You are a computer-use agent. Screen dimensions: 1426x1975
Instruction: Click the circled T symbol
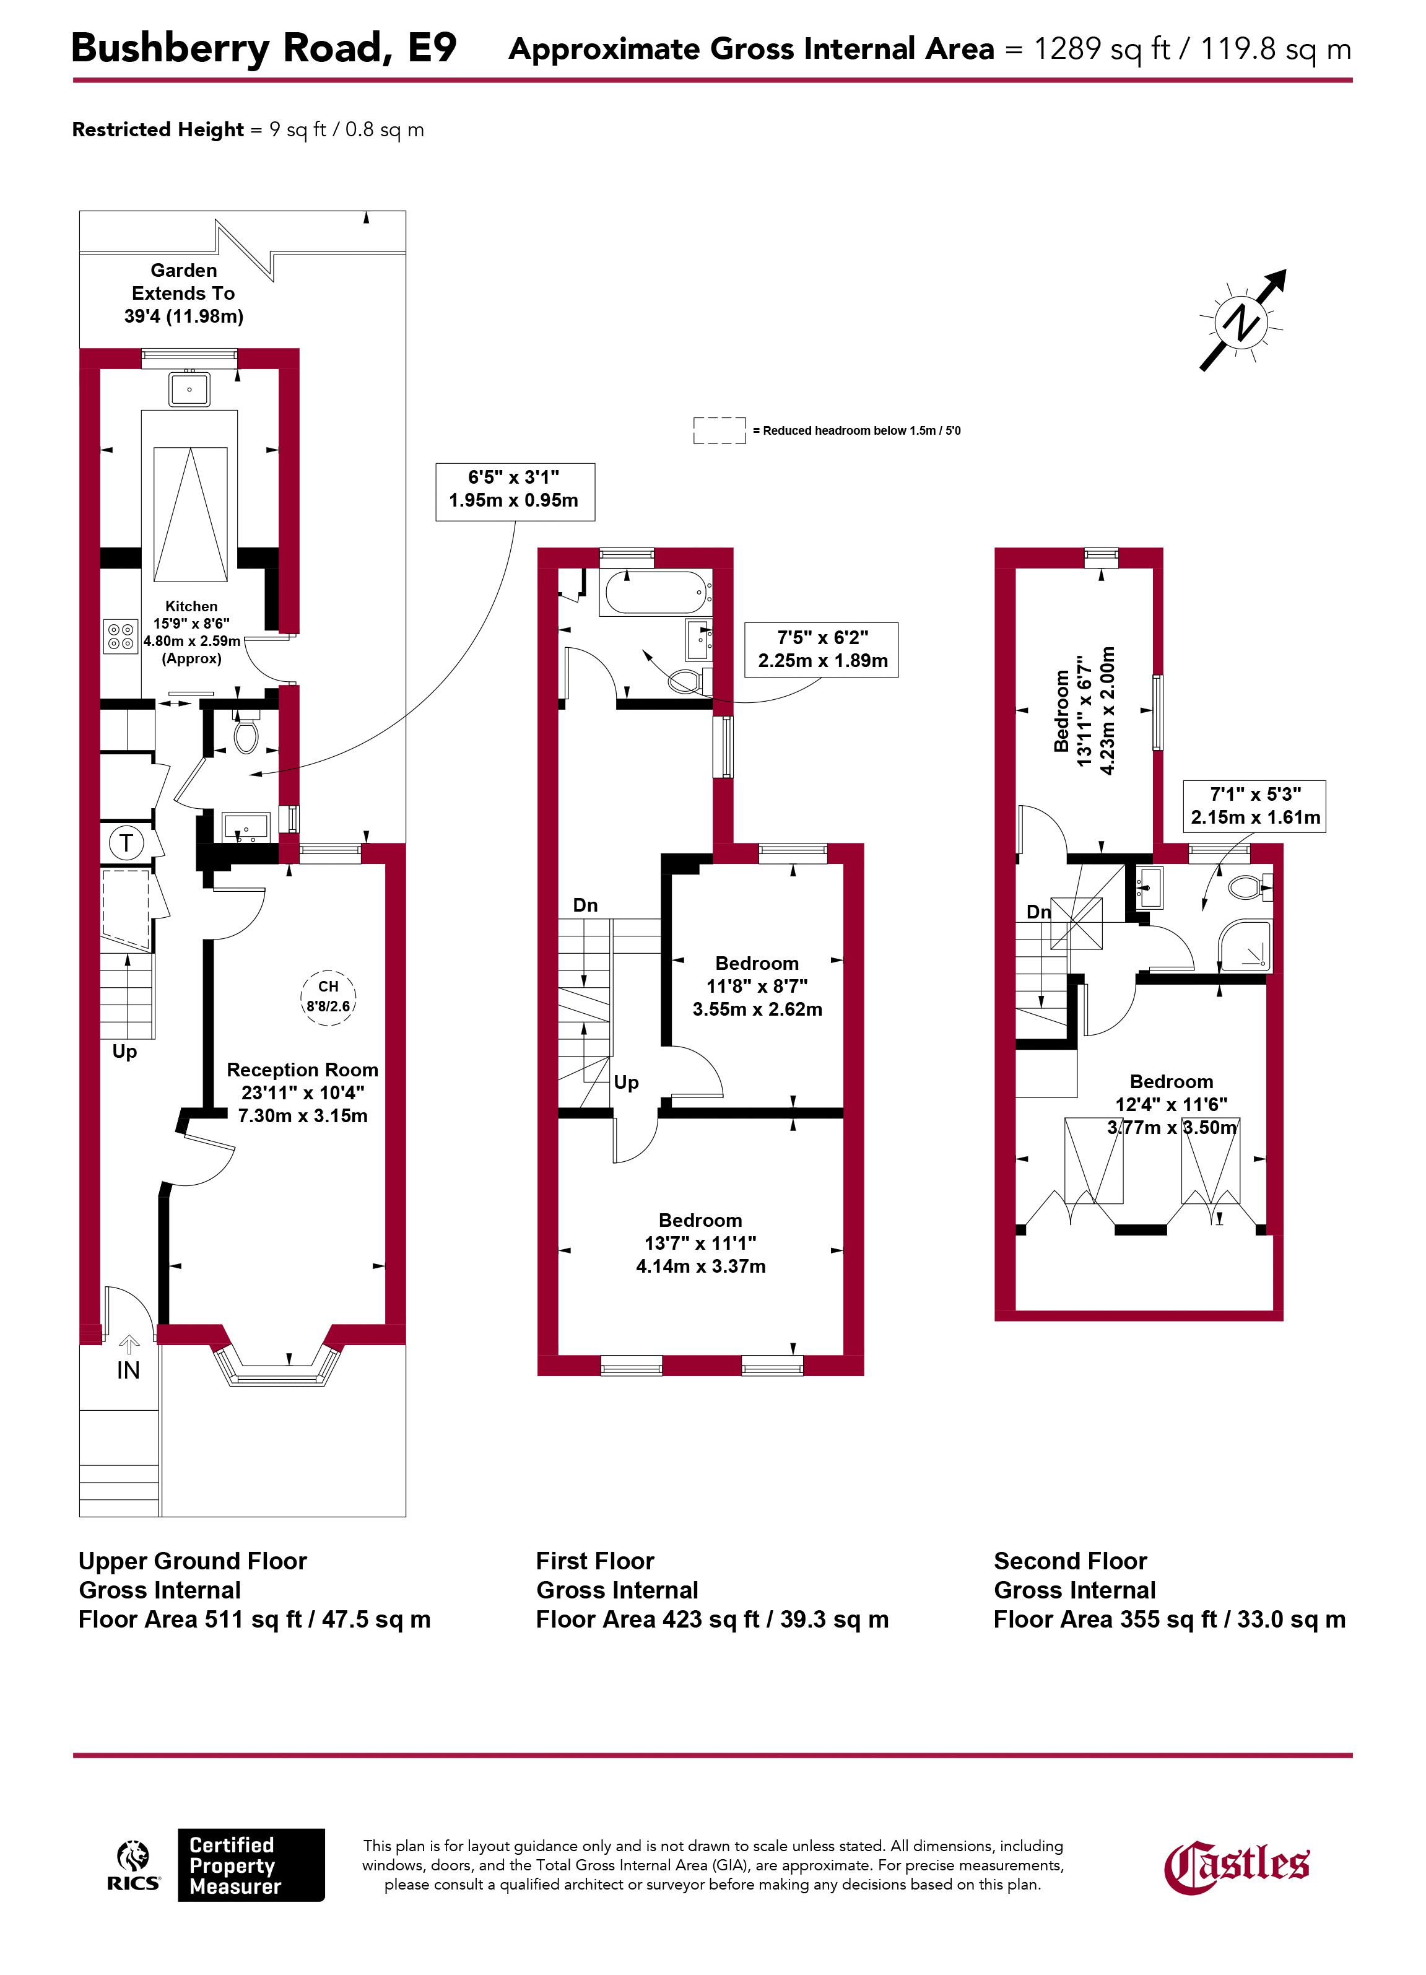pos(127,842)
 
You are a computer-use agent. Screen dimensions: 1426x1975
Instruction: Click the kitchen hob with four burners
pos(121,635)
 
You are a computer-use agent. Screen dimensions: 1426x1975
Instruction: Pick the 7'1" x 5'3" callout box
pos(1254,806)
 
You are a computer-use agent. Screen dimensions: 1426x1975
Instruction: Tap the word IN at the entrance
pos(128,1370)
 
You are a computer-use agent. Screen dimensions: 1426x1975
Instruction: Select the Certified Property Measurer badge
pos(251,1864)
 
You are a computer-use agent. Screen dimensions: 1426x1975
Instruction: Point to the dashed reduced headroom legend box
pos(719,430)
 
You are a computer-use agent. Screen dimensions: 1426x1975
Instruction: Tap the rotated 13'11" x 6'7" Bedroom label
pos(1084,710)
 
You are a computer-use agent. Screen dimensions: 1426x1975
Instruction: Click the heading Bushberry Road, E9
pos(263,48)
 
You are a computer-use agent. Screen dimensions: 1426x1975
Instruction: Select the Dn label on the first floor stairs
pos(585,905)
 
